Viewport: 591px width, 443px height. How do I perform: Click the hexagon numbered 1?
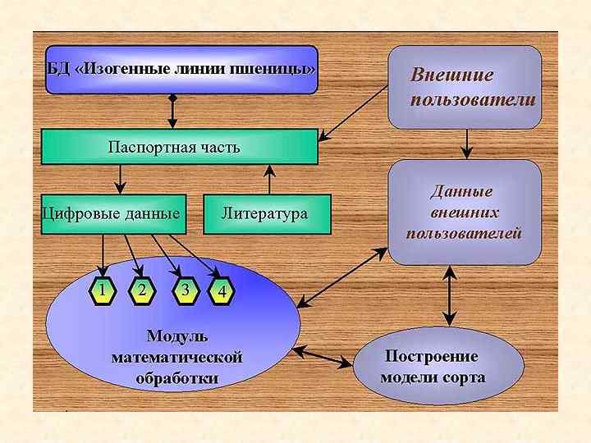pos(102,290)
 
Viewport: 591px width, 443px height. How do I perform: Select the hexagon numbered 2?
pos(142,290)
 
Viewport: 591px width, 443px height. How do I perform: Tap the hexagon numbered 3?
pos(186,290)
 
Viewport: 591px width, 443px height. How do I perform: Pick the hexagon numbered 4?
pos(222,292)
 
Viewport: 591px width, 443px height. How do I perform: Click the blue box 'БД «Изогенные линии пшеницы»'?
pos(181,69)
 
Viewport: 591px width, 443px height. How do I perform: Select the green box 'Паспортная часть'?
pos(179,147)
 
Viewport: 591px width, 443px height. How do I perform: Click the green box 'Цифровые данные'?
pos(112,214)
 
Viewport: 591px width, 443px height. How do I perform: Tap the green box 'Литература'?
pos(266,214)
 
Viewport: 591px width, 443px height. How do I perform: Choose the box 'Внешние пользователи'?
pos(465,87)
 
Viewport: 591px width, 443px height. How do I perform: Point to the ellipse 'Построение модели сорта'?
pos(438,367)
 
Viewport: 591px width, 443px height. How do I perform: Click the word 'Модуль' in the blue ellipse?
pos(176,336)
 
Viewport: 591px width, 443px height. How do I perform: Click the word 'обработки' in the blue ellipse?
pos(176,378)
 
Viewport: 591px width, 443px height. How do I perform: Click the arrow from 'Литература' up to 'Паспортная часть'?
pos(269,180)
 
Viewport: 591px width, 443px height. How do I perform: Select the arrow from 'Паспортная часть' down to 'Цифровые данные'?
pos(121,180)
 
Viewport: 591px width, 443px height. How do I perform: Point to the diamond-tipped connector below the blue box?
pos(172,112)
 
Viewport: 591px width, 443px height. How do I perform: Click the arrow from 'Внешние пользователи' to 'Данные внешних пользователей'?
pos(466,144)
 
